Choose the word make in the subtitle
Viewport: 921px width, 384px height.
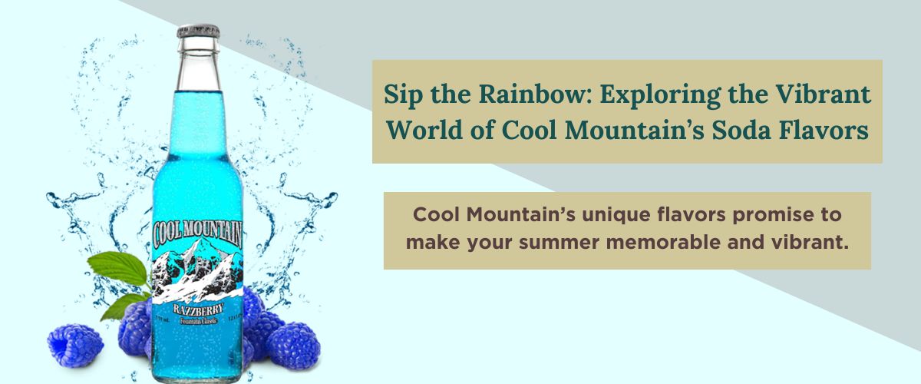tap(431, 243)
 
